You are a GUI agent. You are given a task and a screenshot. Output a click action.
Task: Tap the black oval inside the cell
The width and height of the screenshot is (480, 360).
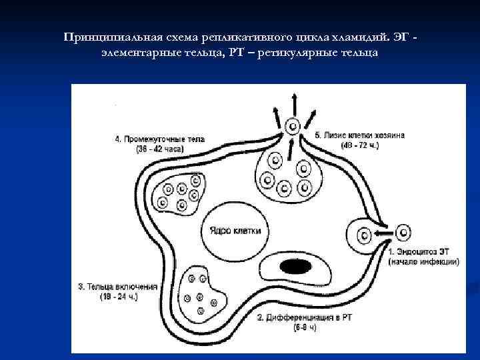pyautogui.click(x=295, y=267)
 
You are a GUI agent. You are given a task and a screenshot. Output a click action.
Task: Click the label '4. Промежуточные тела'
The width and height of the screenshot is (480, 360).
pyautogui.click(x=160, y=140)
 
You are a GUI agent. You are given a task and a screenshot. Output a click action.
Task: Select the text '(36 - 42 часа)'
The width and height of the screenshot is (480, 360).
pyautogui.click(x=160, y=149)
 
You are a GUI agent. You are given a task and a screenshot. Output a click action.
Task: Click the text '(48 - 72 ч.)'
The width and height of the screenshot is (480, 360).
pyautogui.click(x=359, y=145)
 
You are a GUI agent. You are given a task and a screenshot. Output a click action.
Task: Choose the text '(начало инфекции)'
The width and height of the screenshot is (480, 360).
pyautogui.click(x=424, y=262)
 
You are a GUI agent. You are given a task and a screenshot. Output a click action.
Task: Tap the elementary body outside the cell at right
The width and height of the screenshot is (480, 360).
pyautogui.click(x=403, y=233)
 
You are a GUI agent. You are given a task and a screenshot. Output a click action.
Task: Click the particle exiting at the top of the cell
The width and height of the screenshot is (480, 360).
pyautogui.click(x=291, y=126)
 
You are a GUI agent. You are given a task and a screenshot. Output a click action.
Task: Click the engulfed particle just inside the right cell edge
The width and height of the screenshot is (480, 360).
pyautogui.click(x=365, y=234)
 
